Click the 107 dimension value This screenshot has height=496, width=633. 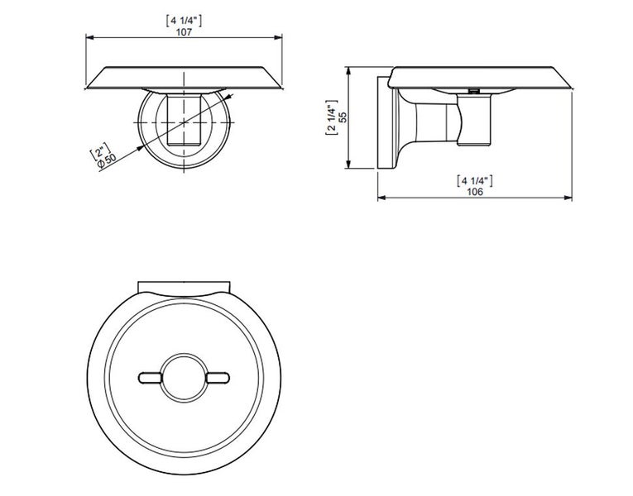pos(184,32)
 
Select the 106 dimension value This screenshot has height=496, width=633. pos(475,192)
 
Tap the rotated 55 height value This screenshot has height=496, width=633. pos(343,117)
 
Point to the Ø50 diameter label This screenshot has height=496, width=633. pos(107,160)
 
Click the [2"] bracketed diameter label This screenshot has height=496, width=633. pos(100,150)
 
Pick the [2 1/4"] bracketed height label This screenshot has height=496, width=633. pos(331,117)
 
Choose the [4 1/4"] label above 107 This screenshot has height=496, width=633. pos(184,21)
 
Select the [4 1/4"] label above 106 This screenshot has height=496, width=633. pos(475,181)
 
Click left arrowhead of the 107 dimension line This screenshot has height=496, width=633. pos(90,37)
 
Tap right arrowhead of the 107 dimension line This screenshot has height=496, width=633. pos(278,37)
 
